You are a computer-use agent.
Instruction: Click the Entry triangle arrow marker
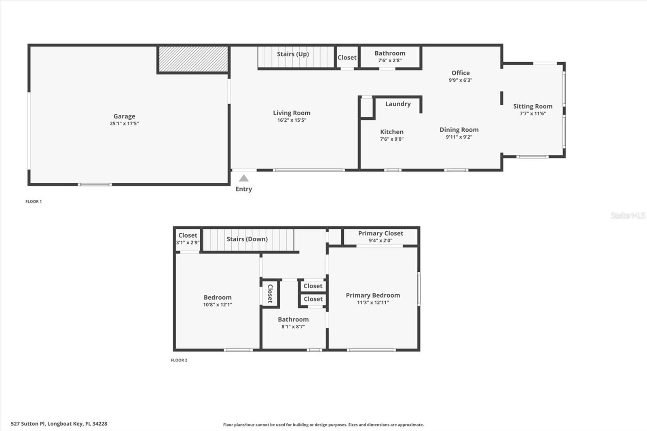click(243, 178)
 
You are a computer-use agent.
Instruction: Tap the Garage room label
click(124, 116)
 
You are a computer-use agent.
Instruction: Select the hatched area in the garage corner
click(193, 59)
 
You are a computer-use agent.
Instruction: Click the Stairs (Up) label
click(293, 54)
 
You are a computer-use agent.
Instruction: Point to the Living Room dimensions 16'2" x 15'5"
click(292, 120)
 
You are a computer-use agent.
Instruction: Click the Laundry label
click(398, 104)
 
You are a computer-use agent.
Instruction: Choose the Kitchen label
click(391, 132)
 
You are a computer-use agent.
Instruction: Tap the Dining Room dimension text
click(459, 137)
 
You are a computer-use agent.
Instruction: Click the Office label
click(461, 73)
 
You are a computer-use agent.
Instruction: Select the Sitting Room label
click(533, 106)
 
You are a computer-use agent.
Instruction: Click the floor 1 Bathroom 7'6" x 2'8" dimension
click(390, 61)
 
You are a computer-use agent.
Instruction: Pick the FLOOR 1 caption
click(34, 201)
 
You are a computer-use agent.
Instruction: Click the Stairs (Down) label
click(247, 239)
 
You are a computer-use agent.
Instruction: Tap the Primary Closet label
click(381, 233)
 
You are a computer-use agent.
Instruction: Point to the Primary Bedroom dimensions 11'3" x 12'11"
click(373, 302)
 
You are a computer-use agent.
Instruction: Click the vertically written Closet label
click(270, 293)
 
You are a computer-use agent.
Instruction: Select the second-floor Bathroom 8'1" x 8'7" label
click(293, 319)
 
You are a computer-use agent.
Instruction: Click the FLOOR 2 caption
click(179, 360)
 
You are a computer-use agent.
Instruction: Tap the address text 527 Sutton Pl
click(59, 424)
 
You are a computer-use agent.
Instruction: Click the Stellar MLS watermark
click(628, 215)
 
